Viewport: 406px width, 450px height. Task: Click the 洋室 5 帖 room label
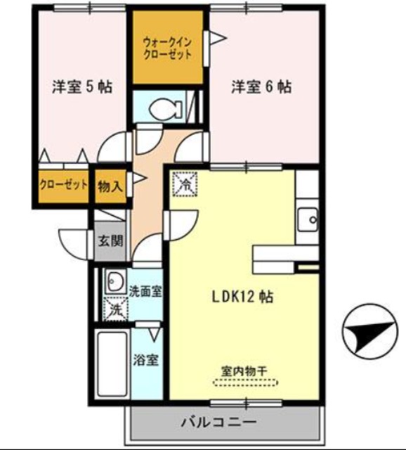point(82,88)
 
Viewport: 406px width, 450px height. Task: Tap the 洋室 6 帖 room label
point(261,88)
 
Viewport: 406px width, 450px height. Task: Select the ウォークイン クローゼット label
point(167,46)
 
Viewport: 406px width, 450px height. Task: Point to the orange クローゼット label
point(64,186)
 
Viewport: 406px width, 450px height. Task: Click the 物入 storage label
point(110,186)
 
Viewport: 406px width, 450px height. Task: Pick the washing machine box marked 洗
point(114,308)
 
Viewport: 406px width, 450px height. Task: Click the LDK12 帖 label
point(243,297)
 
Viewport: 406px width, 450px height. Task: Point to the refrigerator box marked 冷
point(185,185)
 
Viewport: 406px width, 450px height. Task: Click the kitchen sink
point(308,220)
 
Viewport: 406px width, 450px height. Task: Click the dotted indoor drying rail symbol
point(245,383)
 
